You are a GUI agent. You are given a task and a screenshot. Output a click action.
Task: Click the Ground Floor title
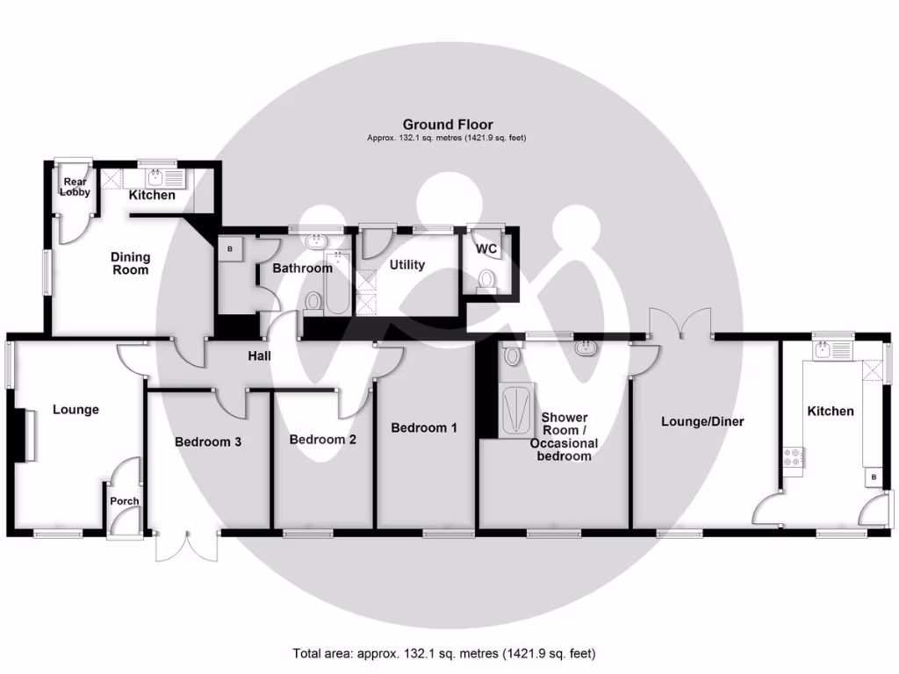(x=448, y=125)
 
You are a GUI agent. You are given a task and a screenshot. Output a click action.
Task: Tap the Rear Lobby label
(x=76, y=187)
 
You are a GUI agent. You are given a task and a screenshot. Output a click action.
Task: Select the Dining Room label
(x=130, y=263)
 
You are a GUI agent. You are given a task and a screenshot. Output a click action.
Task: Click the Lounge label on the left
(x=76, y=409)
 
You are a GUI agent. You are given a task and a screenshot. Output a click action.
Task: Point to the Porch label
(x=124, y=501)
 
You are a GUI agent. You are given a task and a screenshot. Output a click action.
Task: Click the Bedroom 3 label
(x=208, y=441)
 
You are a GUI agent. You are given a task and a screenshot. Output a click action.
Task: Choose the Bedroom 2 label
(x=322, y=439)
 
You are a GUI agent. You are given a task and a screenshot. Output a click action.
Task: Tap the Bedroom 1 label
(x=424, y=427)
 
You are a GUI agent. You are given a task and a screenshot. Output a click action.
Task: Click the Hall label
(x=259, y=355)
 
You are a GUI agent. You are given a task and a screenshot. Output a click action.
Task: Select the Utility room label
(x=407, y=264)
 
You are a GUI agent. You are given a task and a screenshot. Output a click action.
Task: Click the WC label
(x=486, y=249)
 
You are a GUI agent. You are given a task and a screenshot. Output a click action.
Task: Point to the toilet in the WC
(x=487, y=281)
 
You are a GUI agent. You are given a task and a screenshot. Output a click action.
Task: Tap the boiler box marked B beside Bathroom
(x=230, y=248)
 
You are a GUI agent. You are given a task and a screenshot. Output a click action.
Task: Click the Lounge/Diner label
(x=702, y=421)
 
